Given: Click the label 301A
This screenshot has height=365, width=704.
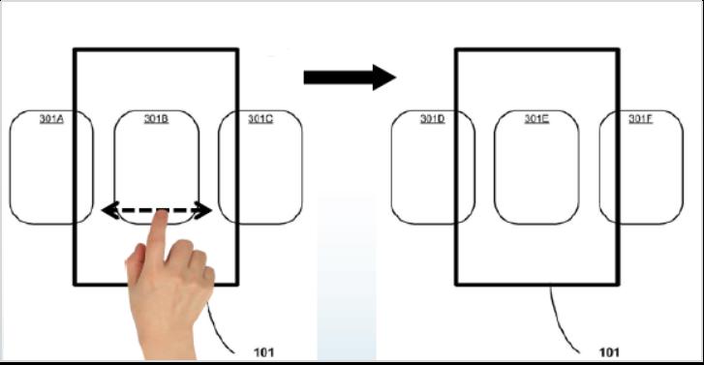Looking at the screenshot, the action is point(51,119).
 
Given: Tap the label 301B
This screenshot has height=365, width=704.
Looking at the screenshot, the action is point(156,119).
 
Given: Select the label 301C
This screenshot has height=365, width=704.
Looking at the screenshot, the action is point(260,119).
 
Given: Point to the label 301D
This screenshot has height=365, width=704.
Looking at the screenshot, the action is point(432,119).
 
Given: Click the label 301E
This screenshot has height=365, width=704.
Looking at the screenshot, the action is point(536,119).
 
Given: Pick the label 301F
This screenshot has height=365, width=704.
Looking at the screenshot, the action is point(641,119).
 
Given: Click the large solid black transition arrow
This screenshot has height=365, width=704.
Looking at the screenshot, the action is point(350,77).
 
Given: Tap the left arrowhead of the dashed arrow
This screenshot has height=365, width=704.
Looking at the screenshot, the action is point(110,210).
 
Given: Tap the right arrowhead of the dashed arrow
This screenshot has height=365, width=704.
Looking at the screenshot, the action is point(203,210).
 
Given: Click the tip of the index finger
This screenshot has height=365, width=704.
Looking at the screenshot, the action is point(162,212).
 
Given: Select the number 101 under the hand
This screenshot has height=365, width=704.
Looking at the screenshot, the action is point(263,352).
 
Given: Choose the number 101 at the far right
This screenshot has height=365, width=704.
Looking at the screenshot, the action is point(609,352).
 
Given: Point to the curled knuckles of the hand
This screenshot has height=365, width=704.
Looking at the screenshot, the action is point(193,256).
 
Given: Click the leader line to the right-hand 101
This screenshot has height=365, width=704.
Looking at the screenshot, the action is point(562,321).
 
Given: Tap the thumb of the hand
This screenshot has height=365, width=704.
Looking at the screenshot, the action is point(135,265).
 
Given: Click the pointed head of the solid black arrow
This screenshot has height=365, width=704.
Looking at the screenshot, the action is point(383,77).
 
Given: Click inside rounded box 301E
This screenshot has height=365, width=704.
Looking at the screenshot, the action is point(536,170).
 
